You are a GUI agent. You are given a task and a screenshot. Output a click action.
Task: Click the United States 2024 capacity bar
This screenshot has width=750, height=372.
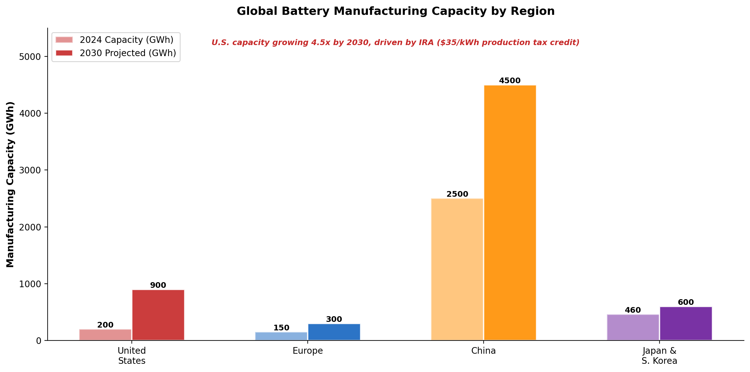[x=105, y=334]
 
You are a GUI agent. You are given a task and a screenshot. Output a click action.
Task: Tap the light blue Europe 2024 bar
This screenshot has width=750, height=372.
[x=281, y=336]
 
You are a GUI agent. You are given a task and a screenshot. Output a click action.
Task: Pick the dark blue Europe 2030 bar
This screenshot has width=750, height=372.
[x=334, y=332]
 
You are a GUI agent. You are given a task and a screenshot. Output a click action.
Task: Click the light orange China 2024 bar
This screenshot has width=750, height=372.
[x=457, y=269]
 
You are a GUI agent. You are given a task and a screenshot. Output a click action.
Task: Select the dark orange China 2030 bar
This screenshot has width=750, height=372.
[x=510, y=212]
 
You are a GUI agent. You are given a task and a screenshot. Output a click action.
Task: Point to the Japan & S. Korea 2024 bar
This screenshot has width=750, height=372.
[x=633, y=327]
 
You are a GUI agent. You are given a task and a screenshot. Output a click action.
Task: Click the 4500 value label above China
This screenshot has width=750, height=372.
[x=510, y=81]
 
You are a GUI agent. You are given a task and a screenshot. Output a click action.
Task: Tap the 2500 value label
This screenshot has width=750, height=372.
[x=457, y=194]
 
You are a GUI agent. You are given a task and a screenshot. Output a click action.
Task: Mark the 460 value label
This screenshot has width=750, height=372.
[x=633, y=310]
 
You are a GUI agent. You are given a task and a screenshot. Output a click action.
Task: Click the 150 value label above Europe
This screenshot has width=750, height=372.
[x=281, y=328]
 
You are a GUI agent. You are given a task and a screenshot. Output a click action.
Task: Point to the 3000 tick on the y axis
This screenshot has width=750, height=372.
[x=30, y=170]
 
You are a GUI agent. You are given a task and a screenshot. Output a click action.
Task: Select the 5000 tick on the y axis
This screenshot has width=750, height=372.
[x=30, y=57]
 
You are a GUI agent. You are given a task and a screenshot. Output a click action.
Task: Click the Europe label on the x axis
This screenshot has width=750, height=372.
[x=308, y=351]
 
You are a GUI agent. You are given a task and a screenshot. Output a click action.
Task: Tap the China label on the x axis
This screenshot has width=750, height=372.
[x=484, y=351]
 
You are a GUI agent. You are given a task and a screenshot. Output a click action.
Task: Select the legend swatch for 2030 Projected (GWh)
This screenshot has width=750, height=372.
[x=64, y=53]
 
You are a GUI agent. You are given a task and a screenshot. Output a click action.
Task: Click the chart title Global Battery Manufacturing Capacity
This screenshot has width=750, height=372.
[x=396, y=11]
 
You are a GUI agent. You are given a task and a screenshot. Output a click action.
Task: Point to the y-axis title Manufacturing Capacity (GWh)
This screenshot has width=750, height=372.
[x=10, y=184]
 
